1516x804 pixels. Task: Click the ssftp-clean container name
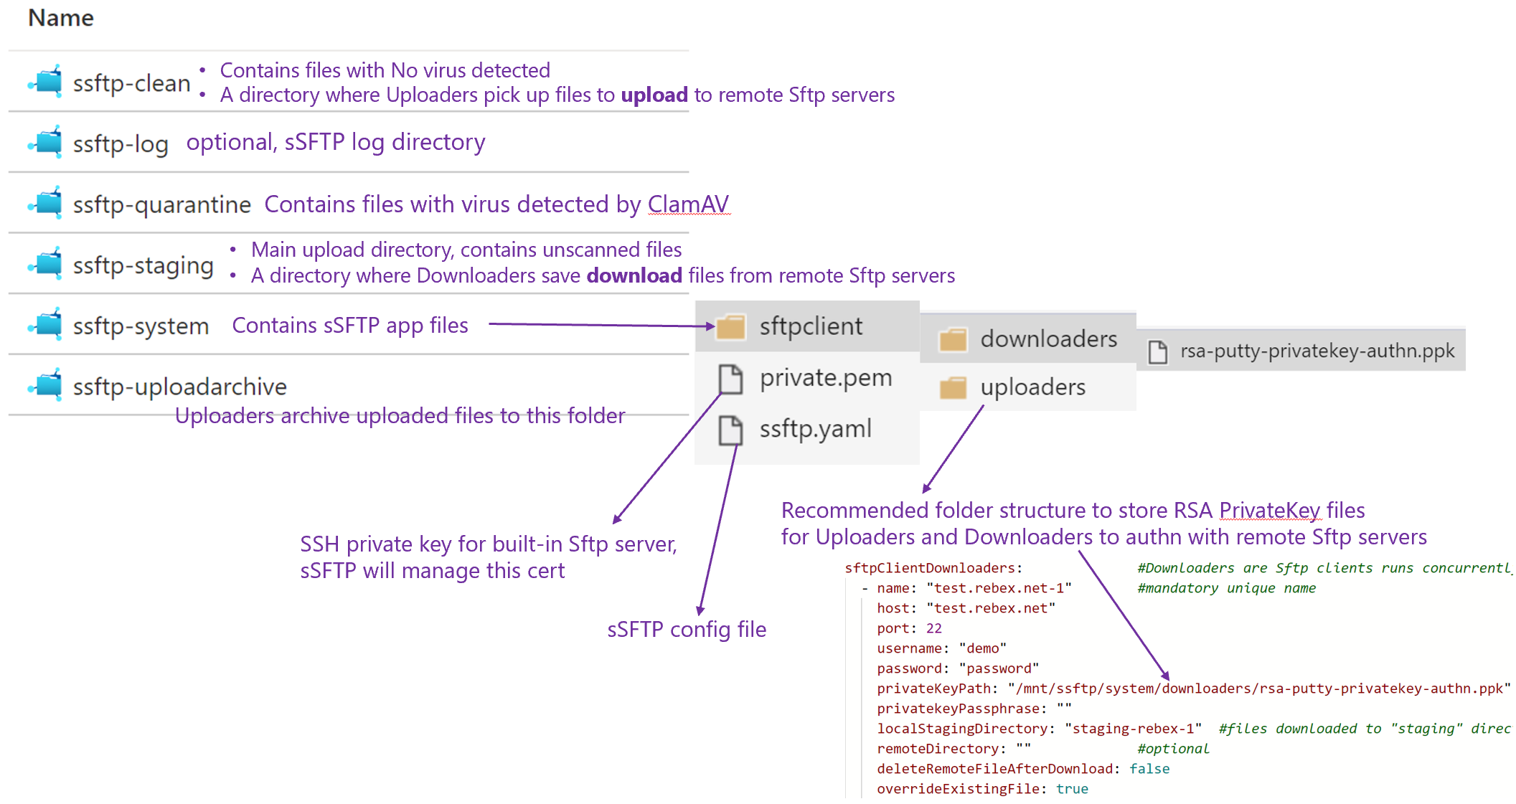(131, 83)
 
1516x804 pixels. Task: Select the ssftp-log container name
(121, 144)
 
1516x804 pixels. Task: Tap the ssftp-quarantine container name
(161, 205)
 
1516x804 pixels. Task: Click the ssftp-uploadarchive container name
(179, 387)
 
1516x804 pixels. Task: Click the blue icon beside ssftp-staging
(47, 264)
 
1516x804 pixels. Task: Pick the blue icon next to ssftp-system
(47, 324)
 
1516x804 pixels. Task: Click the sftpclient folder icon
(731, 327)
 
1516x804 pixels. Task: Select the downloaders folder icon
(953, 339)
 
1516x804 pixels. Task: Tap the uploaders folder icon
(953, 388)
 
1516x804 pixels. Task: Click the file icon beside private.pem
(730, 379)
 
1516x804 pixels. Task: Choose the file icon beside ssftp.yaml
(730, 430)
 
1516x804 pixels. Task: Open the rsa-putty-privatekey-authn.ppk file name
(1317, 351)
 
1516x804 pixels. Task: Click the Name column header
(61, 18)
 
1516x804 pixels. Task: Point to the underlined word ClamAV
(688, 204)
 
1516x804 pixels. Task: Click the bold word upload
(654, 95)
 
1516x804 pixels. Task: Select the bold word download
(634, 276)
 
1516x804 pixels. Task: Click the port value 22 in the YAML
(933, 628)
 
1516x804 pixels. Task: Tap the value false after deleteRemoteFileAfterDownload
(1149, 769)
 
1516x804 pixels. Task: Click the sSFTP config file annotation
(687, 630)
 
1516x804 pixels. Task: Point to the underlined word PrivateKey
(1269, 511)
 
